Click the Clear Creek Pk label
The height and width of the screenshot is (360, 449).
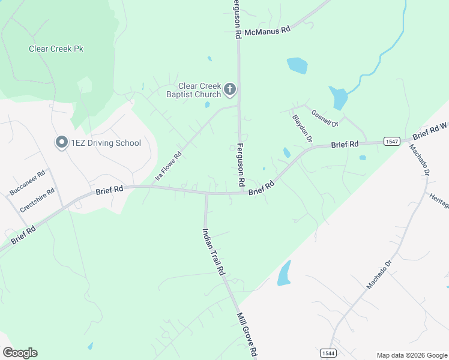56,49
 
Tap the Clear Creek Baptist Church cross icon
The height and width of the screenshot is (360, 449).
229,90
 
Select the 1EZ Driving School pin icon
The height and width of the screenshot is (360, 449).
61,142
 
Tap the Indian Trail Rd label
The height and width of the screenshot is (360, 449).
213,251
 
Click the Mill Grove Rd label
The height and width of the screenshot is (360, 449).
247,335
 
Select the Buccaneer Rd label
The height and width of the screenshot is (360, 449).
28,183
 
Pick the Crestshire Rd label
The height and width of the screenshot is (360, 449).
37,200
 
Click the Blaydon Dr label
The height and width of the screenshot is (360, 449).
302,128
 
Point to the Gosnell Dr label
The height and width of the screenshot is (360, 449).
325,118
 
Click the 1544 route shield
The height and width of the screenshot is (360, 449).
328,352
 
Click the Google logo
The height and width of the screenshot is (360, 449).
20,353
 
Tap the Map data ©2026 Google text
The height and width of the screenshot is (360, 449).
411,355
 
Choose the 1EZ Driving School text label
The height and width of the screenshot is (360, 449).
106,143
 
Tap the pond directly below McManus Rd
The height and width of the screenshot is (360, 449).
297,65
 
